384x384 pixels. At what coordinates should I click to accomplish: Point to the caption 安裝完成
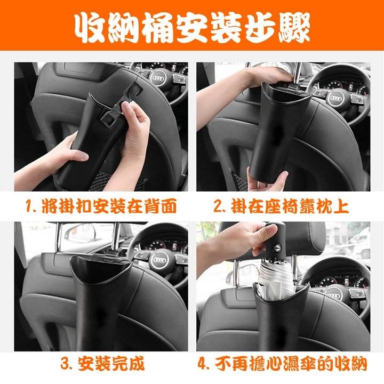click(101, 364)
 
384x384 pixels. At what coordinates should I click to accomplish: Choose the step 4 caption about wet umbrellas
click(283, 364)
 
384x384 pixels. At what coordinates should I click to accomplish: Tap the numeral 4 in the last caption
click(203, 364)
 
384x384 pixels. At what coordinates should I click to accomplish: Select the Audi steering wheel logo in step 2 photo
click(335, 100)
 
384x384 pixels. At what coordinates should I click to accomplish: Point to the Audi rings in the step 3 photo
click(159, 260)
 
